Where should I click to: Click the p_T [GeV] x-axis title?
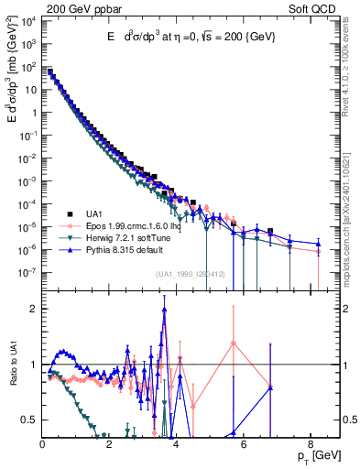pos(314,455)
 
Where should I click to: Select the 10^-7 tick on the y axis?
pos(28,272)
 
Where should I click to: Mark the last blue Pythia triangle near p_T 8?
pos(318,244)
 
